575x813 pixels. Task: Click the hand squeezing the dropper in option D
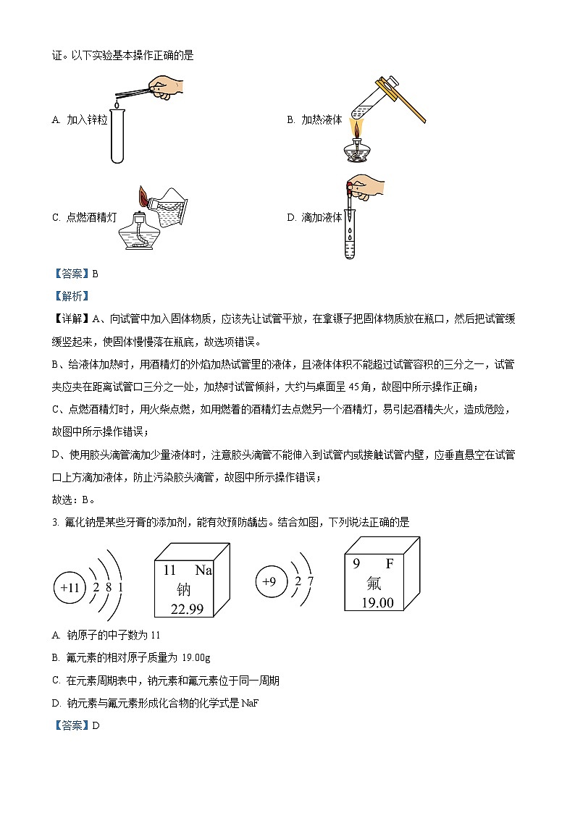click(370, 185)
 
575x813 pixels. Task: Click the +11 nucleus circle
click(70, 587)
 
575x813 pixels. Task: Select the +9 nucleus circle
click(269, 581)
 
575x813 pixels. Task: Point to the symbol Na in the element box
click(203, 570)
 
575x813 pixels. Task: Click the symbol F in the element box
click(390, 563)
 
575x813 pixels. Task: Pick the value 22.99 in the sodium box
click(187, 609)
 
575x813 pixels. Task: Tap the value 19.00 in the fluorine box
click(377, 602)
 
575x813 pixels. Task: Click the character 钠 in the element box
click(185, 589)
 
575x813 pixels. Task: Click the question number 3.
click(55, 522)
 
